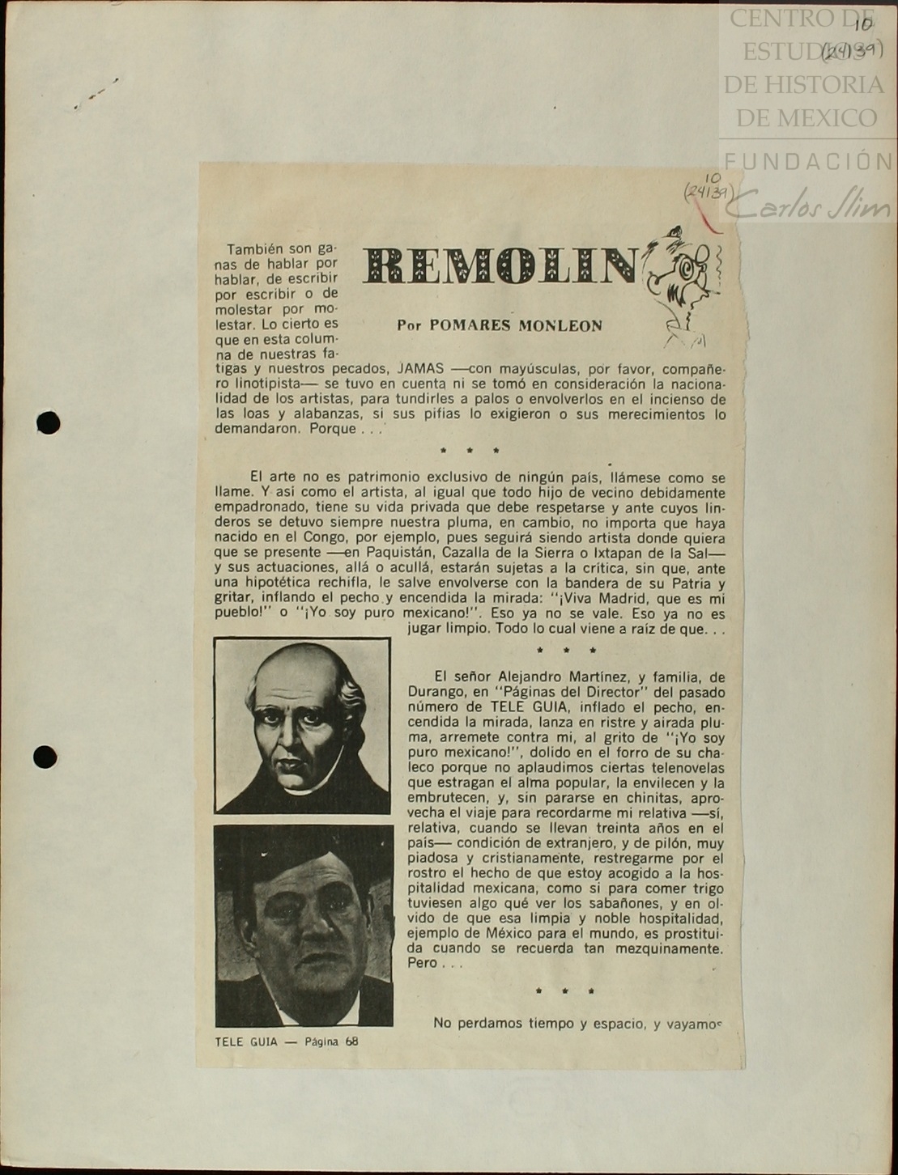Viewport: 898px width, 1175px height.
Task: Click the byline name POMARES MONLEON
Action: [x=516, y=325]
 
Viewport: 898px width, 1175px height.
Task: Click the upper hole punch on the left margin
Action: [x=49, y=422]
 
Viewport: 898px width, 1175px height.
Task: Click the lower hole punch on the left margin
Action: [x=45, y=757]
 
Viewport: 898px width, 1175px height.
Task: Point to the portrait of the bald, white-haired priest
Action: [x=302, y=725]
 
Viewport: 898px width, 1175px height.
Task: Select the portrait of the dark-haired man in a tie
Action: [x=304, y=926]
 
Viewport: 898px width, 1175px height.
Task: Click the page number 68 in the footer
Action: [x=351, y=1041]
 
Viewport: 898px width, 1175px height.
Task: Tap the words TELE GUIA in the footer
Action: [x=246, y=1042]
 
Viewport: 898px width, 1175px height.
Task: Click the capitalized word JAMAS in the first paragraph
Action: [x=420, y=368]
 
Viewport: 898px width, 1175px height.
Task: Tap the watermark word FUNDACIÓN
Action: [x=808, y=161]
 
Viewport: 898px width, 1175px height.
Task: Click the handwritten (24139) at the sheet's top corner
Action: [x=852, y=52]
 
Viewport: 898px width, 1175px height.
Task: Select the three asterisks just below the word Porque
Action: [x=470, y=451]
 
